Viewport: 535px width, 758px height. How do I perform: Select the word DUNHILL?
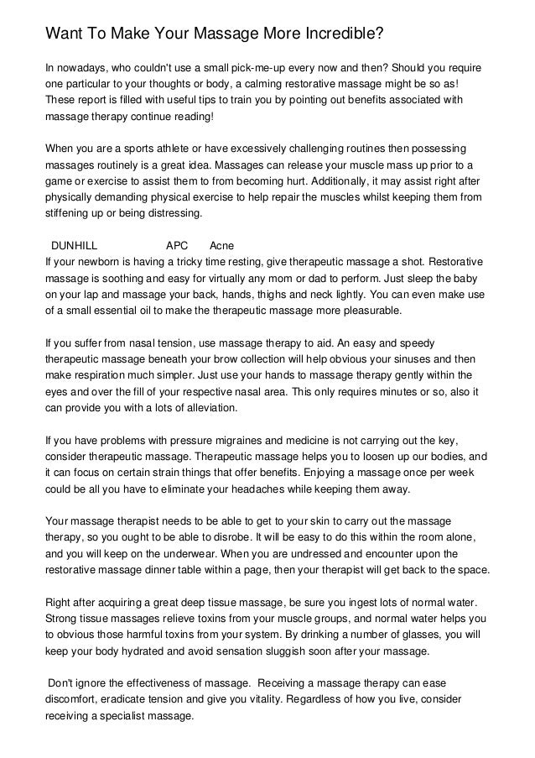[x=75, y=246]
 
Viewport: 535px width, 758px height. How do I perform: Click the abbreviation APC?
[x=177, y=246]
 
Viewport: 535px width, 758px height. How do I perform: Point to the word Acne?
[x=221, y=246]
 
